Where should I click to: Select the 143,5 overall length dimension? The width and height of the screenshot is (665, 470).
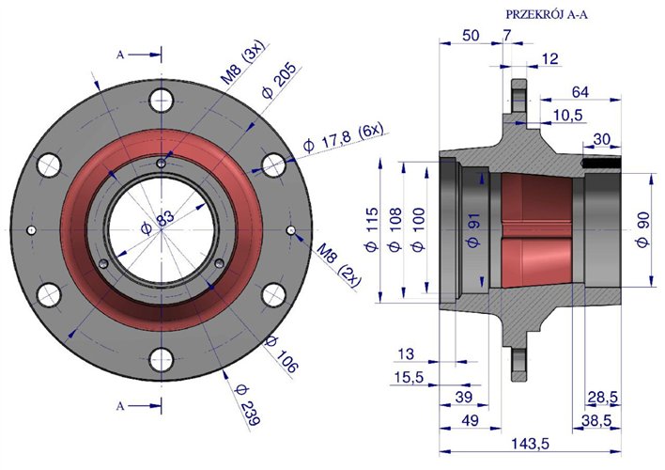click(x=532, y=442)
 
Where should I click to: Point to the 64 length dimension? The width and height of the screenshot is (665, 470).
click(x=580, y=91)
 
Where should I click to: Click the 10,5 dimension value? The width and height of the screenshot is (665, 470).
click(x=566, y=115)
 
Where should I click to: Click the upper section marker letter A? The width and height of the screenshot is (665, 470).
click(x=120, y=55)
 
